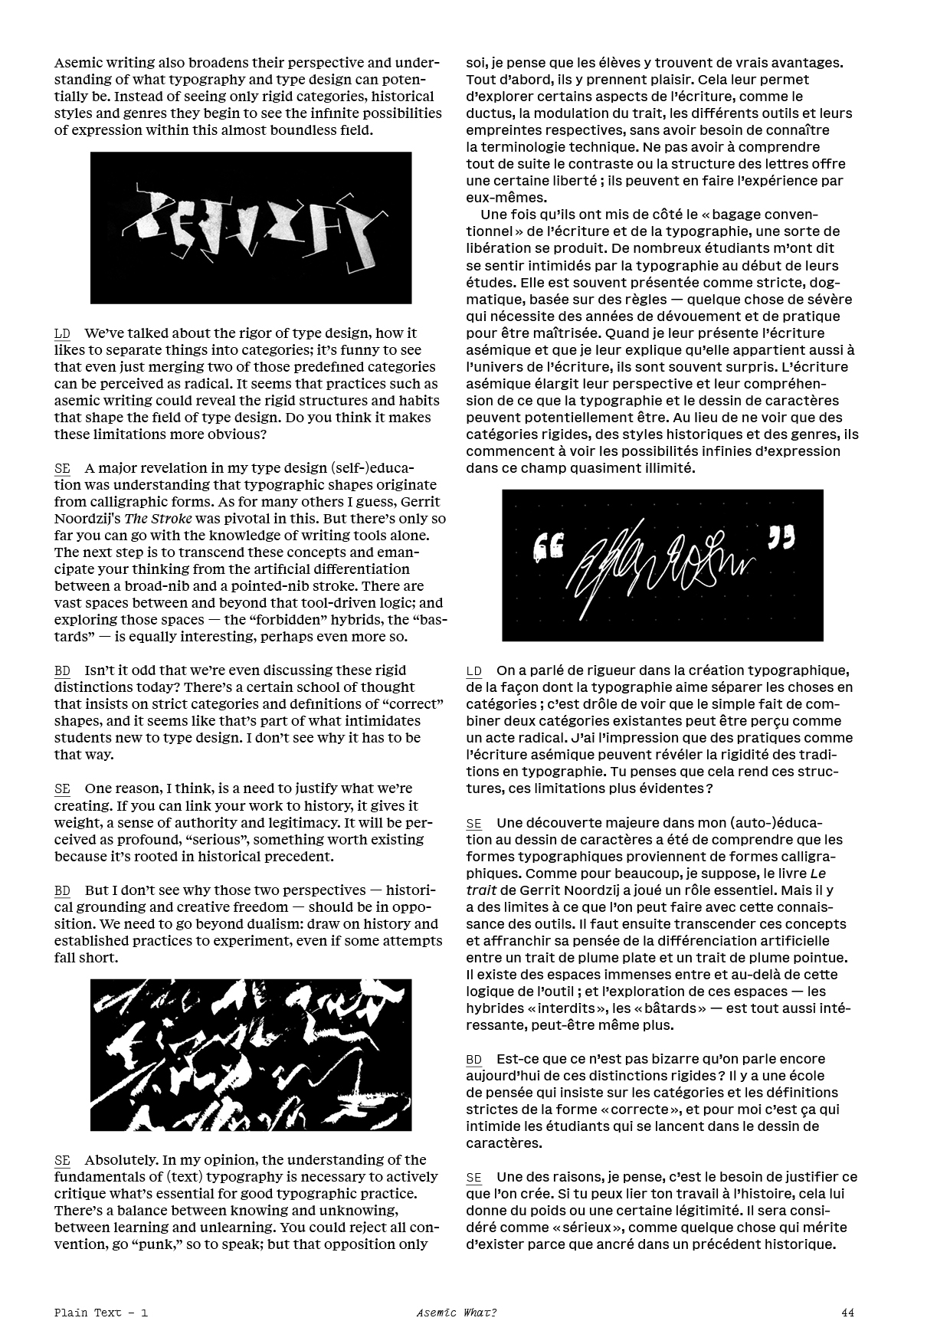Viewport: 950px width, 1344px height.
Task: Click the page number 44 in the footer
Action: coord(847,1313)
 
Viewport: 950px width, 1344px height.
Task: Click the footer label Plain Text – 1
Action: coord(101,1313)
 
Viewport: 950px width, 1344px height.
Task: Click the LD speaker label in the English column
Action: coord(62,333)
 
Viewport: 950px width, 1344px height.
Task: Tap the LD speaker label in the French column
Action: coord(474,671)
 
